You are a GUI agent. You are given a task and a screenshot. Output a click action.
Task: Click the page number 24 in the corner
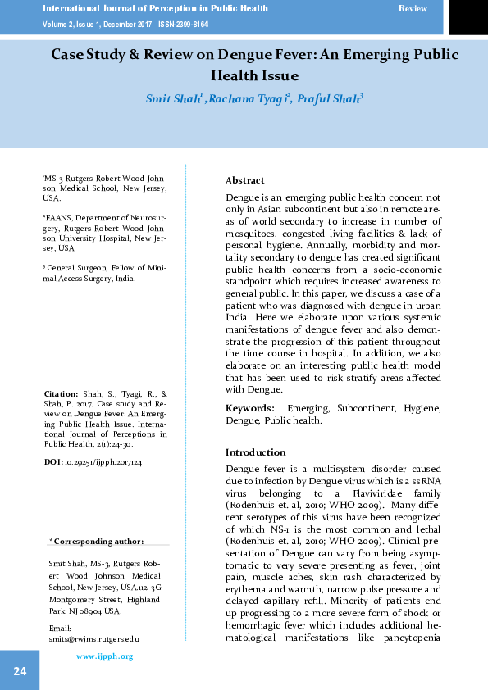click(x=20, y=672)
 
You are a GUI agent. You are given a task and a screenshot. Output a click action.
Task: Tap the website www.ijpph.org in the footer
click(x=104, y=656)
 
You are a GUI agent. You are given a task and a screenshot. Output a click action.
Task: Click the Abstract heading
click(x=245, y=180)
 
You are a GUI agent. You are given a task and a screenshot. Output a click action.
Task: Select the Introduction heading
click(x=256, y=452)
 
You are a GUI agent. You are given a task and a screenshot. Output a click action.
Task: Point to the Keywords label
click(x=249, y=408)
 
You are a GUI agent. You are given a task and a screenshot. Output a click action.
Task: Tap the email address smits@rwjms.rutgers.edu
click(x=94, y=637)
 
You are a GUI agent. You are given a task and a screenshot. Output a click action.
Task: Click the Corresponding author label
click(x=97, y=542)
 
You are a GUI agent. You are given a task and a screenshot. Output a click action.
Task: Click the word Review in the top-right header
click(x=413, y=7)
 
